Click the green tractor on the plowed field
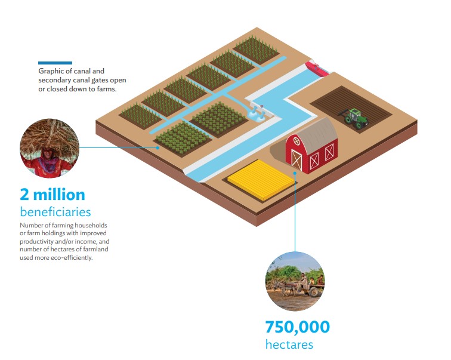pyautogui.click(x=353, y=118)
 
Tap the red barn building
pyautogui.click(x=311, y=147)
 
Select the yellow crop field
pyautogui.click(x=261, y=179)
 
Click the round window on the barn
pyautogui.click(x=296, y=141)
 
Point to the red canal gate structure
pyautogui.click(x=317, y=68)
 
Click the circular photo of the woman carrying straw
pyautogui.click(x=50, y=148)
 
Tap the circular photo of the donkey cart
pyautogui.click(x=295, y=281)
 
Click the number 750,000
pyautogui.click(x=298, y=327)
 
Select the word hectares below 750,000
pyautogui.click(x=289, y=344)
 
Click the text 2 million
pyautogui.click(x=52, y=195)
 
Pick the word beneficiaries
pyautogui.click(x=55, y=212)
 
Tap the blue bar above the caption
pyautogui.click(x=55, y=63)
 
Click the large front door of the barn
pyautogui.click(x=296, y=159)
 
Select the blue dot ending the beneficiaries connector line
pyautogui.click(x=157, y=147)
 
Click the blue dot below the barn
pyautogui.click(x=295, y=173)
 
